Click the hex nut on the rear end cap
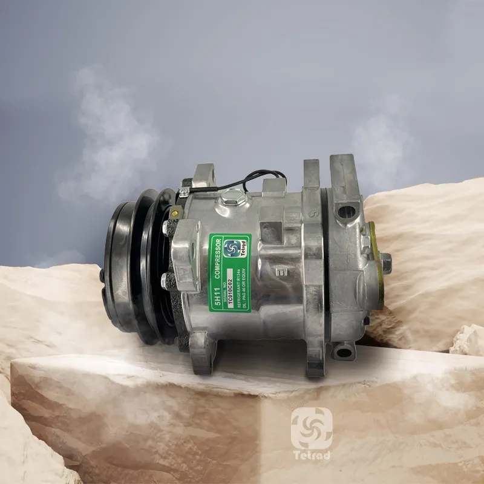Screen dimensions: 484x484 (x=385, y=261)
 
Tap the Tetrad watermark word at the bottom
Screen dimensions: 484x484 (x=311, y=455)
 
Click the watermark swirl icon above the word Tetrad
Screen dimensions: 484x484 (x=311, y=427)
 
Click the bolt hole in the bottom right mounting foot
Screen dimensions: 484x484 (x=343, y=350)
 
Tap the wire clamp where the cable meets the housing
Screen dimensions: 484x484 (x=183, y=192)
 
